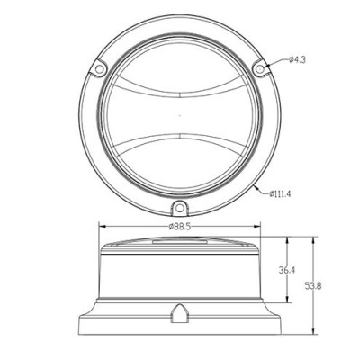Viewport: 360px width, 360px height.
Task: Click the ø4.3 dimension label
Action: coord(297,60)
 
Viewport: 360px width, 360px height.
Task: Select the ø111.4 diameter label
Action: coord(280,194)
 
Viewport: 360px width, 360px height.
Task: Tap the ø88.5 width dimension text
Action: coord(180,227)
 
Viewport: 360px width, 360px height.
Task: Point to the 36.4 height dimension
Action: coord(287,270)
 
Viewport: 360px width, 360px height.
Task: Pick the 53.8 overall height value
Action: coord(313,286)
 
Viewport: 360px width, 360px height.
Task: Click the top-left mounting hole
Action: coord(99,69)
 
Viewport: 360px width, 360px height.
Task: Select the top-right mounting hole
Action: coord(259,69)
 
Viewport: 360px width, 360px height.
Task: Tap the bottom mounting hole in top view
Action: coord(179,208)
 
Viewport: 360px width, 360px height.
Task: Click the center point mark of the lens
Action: coord(179,114)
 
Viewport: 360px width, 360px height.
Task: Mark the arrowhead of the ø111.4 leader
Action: coord(256,187)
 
